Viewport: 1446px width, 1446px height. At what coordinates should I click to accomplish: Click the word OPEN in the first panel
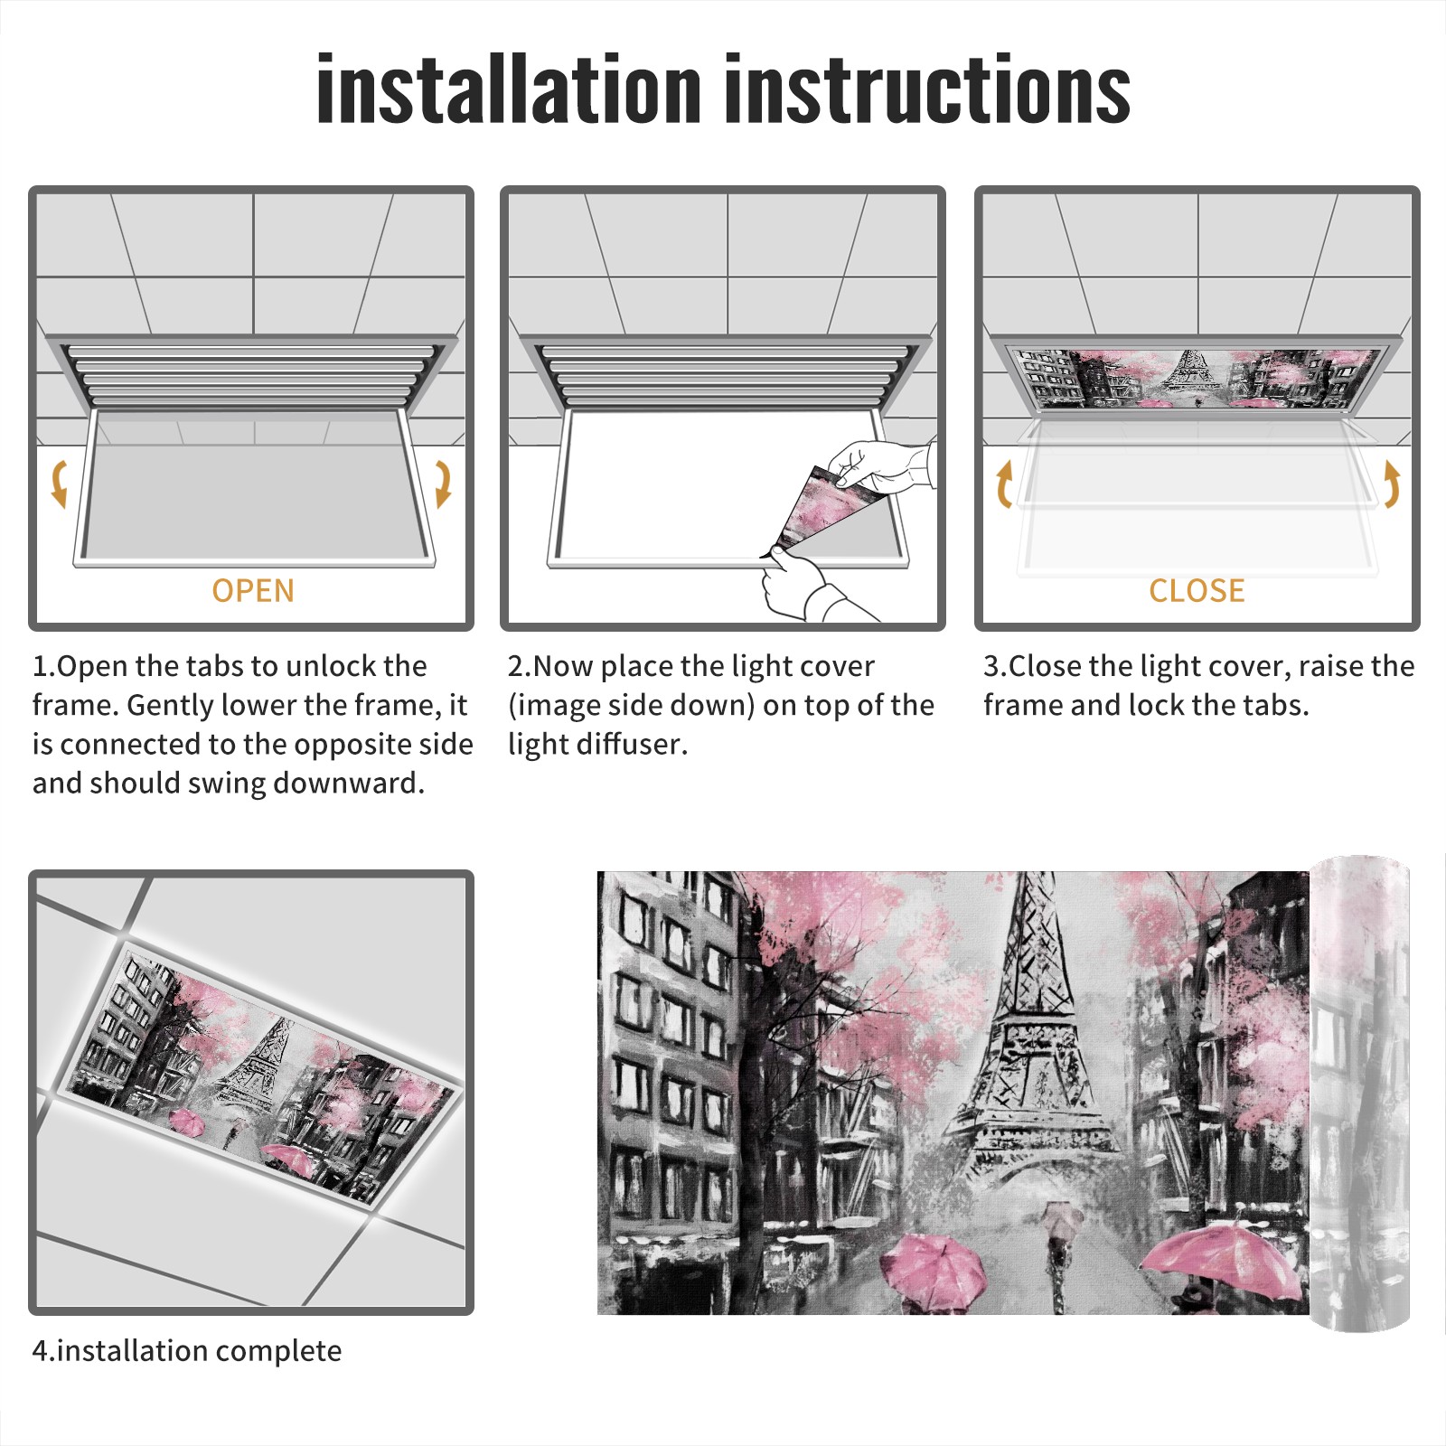tap(253, 591)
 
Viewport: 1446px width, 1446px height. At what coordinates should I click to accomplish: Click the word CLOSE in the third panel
tap(1197, 591)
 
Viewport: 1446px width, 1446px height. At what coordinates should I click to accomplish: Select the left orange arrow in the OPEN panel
tap(59, 484)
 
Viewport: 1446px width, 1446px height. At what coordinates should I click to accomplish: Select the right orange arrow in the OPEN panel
tap(443, 484)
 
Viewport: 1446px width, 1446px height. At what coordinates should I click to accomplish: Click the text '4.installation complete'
tap(187, 1351)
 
